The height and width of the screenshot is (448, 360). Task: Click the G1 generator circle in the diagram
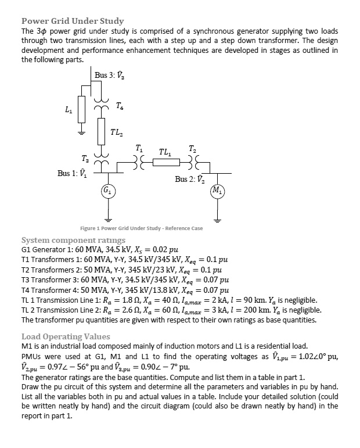pyautogui.click(x=108, y=190)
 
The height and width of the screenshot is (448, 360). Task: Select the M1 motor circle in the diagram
pyautogui.click(x=216, y=190)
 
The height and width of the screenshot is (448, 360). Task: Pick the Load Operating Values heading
pyautogui.click(x=66, y=336)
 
